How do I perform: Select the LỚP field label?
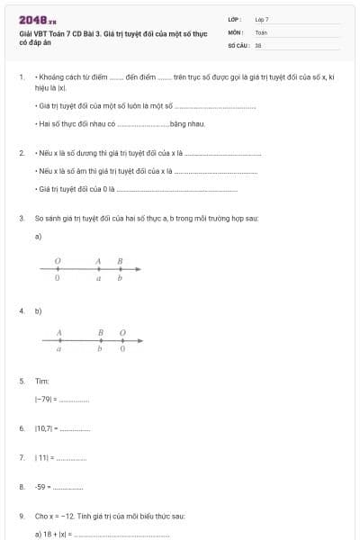235,19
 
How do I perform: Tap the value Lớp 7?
262,19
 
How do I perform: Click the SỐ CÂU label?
238,44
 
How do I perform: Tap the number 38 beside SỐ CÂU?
258,44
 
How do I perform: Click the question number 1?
22,78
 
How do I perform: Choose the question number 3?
22,218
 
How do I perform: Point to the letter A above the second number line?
58,333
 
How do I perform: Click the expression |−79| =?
47,398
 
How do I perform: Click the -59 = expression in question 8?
43,487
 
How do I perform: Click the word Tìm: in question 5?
42,382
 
